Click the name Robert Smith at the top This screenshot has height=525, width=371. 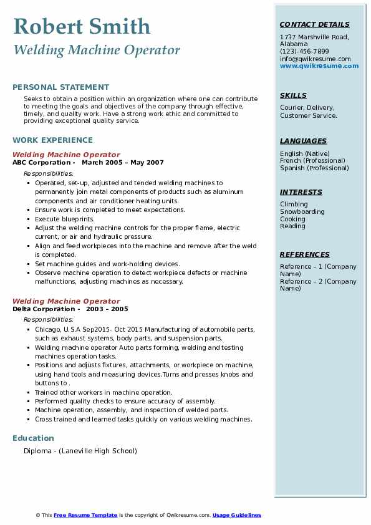81,26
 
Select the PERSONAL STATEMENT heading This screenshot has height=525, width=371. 60,87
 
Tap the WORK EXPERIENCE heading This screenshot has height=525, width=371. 52,140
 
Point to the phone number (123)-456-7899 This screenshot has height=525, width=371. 304,52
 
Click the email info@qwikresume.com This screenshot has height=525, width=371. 315,59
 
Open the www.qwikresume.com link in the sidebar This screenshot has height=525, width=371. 319,65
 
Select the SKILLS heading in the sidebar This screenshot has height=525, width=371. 293,96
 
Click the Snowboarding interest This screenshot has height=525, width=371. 302,212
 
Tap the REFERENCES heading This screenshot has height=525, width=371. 305,254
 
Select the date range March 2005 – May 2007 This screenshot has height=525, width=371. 122,163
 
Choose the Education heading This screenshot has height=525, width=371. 33,438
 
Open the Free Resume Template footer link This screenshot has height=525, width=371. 85,515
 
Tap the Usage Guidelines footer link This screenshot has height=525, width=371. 236,515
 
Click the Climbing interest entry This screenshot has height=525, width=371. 294,205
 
